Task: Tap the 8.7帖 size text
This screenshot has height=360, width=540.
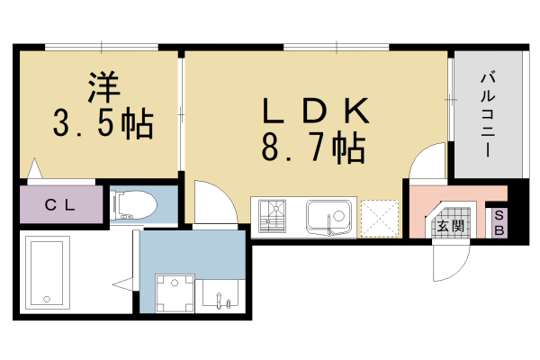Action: pyautogui.click(x=314, y=146)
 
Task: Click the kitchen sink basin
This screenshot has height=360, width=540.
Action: pyautogui.click(x=329, y=217)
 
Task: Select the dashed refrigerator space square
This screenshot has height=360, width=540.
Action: pyautogui.click(x=379, y=218)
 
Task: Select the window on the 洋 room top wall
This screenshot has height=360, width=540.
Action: pyautogui.click(x=101, y=47)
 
